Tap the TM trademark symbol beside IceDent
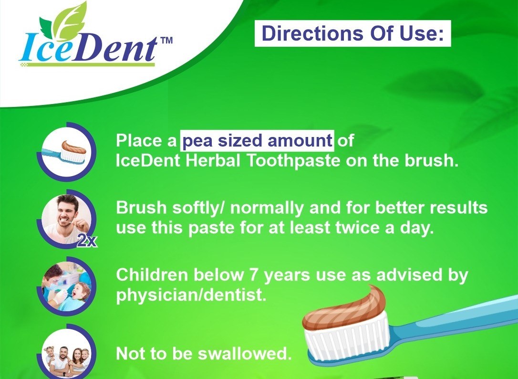coord(166,41)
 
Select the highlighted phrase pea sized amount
coord(258,140)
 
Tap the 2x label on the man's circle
coord(87,241)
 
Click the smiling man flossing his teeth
coord(67,220)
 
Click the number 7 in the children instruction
coord(254,275)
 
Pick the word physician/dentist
coord(191,295)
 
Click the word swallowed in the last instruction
coord(245,353)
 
